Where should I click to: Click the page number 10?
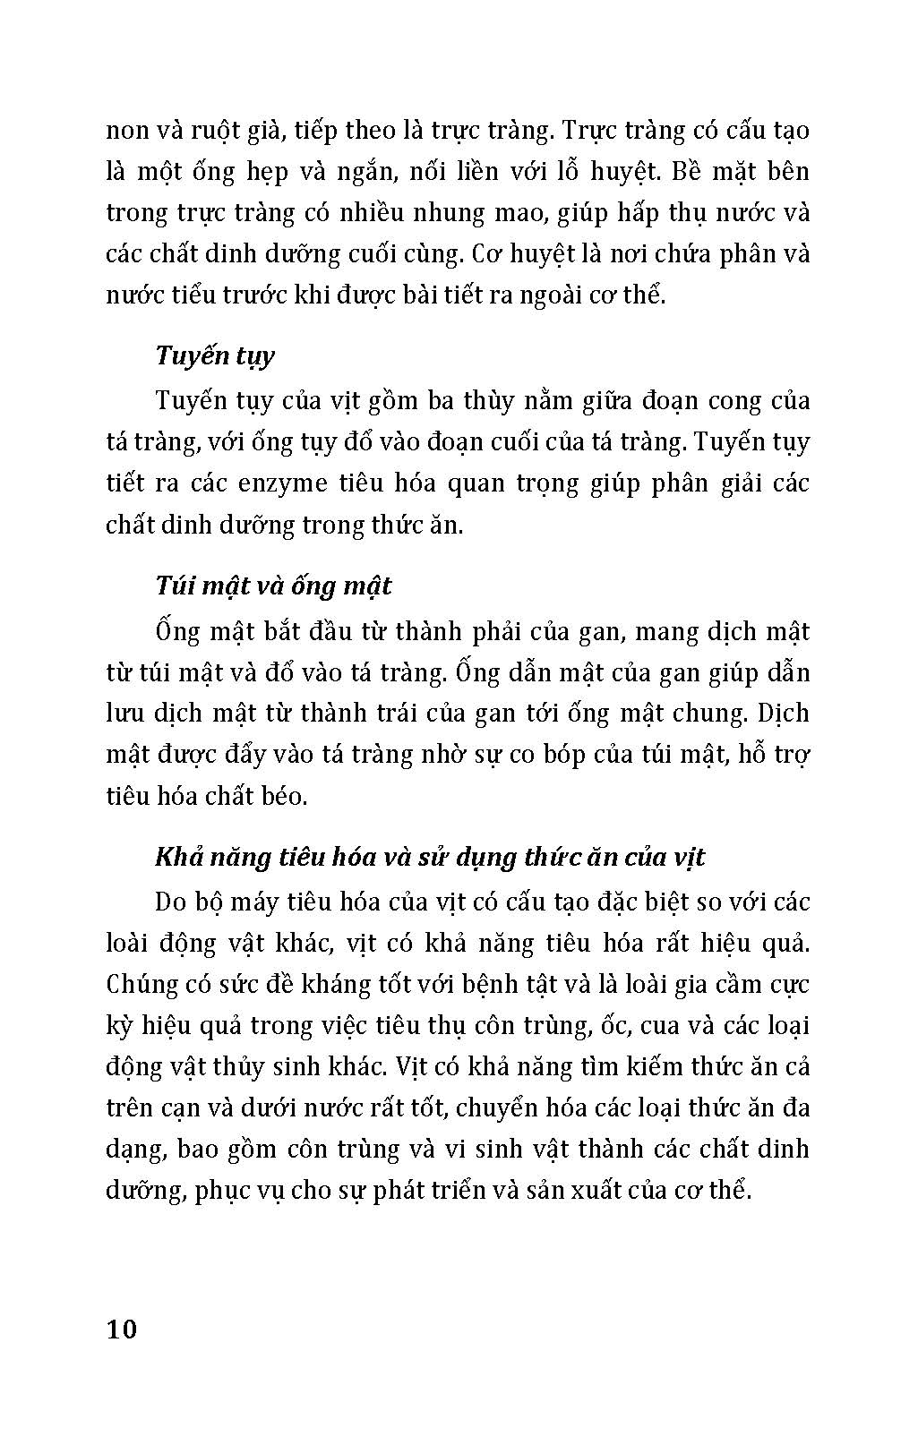122,1330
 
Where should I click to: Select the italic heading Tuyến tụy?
215,356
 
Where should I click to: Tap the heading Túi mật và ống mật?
273,586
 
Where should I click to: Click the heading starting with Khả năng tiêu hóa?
430,858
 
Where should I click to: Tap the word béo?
285,796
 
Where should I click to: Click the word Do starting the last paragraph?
170,902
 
